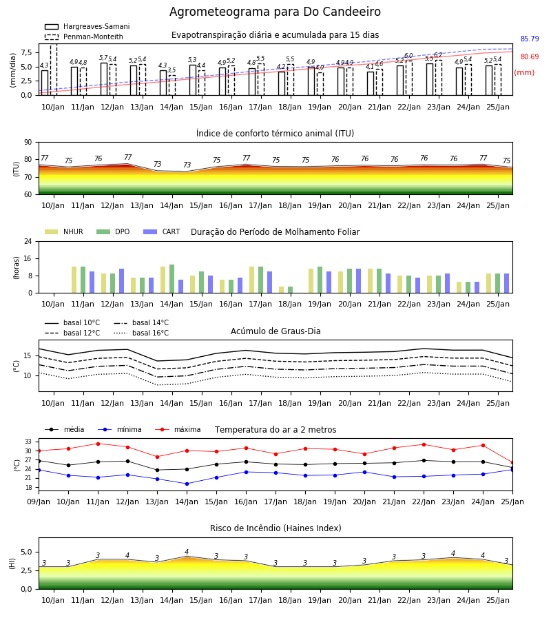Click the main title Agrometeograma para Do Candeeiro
coord(275,12)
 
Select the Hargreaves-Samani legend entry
coord(87,26)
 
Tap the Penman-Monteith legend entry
coord(84,37)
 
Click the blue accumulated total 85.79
coord(530,39)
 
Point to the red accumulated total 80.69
coord(530,56)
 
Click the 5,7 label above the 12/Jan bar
coord(103,58)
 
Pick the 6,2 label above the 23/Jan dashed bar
coord(438,55)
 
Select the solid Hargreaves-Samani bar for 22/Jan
coord(400,81)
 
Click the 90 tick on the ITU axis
coord(28,143)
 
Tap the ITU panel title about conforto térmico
coord(275,133)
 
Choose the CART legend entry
coord(162,231)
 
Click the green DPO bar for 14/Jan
coord(172,279)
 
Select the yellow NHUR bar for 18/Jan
coord(282,290)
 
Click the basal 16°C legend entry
coord(141,333)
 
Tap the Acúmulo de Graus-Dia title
coord(275,331)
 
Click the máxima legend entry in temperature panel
coord(178,429)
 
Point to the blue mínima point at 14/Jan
coord(187,484)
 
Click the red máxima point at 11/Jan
coord(98,444)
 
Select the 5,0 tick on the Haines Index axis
coord(26,552)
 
